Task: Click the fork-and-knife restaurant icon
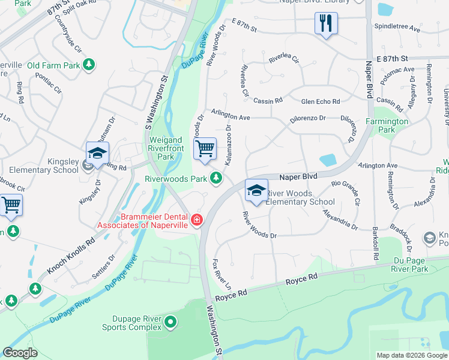326,24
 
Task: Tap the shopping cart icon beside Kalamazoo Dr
205,149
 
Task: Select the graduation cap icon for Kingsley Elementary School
97,154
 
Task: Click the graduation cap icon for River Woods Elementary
256,191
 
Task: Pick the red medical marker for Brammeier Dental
196,220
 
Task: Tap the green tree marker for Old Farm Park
89,64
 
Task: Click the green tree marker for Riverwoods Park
215,178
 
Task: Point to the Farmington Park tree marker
397,108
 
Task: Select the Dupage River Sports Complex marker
170,323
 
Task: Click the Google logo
20,353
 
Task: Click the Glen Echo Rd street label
321,101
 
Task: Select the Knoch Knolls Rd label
71,253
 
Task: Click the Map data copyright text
411,355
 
